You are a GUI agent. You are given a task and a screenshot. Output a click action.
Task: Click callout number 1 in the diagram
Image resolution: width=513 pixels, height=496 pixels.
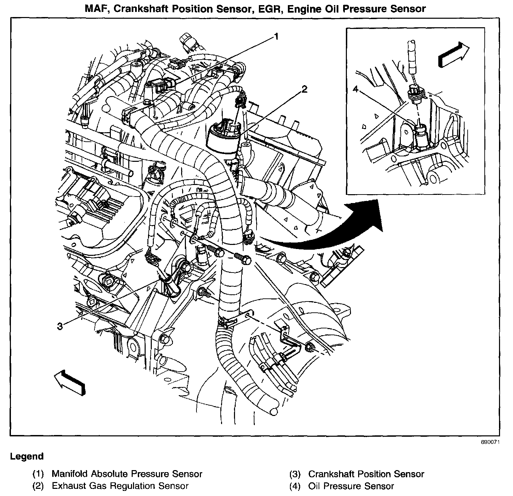point(277,36)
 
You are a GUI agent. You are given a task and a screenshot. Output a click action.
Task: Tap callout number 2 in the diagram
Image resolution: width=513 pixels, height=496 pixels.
point(304,89)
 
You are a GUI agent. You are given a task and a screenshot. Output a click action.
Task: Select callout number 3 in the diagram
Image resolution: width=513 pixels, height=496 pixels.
point(60,326)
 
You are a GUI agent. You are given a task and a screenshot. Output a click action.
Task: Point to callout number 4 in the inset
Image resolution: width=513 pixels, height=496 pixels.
point(356,89)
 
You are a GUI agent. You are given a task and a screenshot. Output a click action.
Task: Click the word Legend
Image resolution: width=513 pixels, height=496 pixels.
point(27,456)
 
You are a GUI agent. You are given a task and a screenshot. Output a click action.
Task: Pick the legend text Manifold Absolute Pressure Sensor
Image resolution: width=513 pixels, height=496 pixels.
point(127,474)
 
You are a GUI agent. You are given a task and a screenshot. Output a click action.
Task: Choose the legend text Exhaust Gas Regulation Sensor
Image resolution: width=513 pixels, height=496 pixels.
point(120,486)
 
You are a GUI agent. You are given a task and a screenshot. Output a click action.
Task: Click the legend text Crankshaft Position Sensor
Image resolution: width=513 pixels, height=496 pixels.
point(366,474)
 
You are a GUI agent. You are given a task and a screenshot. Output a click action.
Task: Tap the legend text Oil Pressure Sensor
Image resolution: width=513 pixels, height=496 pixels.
point(351,486)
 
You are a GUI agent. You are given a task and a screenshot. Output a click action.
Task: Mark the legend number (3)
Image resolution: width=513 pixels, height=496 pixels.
point(295,474)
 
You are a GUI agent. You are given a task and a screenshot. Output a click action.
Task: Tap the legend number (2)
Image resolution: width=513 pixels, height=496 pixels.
point(39,486)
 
